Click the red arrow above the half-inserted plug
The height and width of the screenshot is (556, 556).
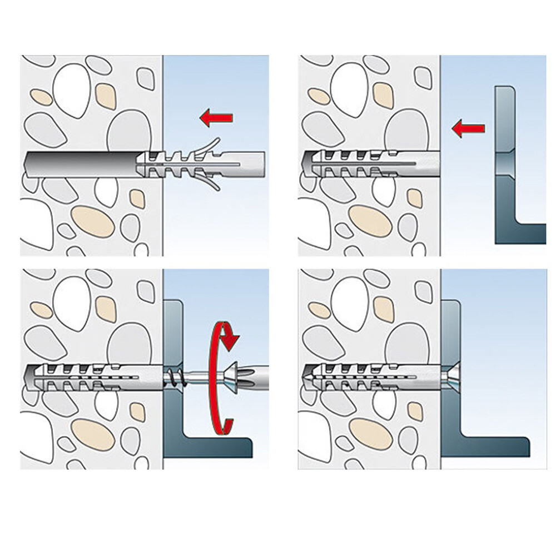(217, 117)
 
